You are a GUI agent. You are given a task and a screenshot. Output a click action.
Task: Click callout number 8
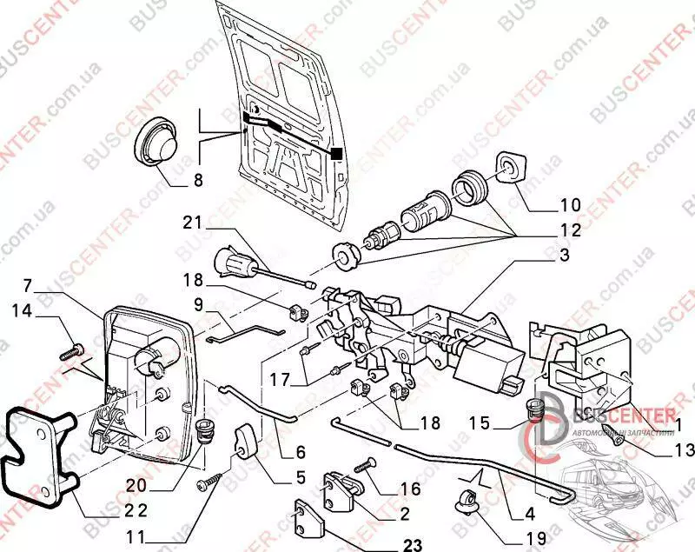(197, 182)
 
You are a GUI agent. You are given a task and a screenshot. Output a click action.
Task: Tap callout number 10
(570, 206)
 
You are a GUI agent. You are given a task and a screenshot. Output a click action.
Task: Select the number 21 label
(193, 223)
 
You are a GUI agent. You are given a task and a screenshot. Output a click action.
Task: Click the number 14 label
(25, 309)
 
